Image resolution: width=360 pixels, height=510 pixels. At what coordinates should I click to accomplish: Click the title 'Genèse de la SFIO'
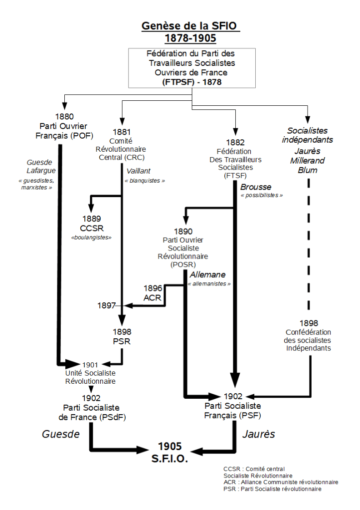click(191, 26)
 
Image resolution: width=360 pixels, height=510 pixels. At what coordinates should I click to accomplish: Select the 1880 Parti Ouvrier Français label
click(62, 128)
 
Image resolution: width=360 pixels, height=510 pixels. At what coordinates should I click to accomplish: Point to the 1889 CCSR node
click(91, 223)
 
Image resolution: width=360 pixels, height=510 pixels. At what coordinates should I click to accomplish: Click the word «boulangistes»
click(91, 238)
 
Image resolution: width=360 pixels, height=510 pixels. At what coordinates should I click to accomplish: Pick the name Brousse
click(256, 187)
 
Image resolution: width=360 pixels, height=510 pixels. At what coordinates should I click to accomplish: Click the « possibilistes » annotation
click(262, 196)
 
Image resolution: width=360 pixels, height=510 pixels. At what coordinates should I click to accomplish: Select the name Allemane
click(207, 275)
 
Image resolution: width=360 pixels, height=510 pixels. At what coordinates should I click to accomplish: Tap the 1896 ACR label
click(153, 293)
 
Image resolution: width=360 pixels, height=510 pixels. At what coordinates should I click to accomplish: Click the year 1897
click(107, 305)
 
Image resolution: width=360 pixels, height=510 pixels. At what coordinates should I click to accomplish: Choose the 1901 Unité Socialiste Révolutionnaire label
click(90, 373)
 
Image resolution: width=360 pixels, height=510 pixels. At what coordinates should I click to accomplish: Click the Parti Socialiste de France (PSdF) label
click(92, 408)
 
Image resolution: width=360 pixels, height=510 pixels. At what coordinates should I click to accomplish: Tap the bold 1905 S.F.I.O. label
click(170, 452)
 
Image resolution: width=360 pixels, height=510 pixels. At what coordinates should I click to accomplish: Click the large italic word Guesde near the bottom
click(61, 434)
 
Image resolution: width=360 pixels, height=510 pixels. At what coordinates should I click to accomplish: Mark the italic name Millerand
click(307, 161)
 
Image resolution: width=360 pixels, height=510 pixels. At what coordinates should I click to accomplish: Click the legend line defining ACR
click(281, 482)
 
